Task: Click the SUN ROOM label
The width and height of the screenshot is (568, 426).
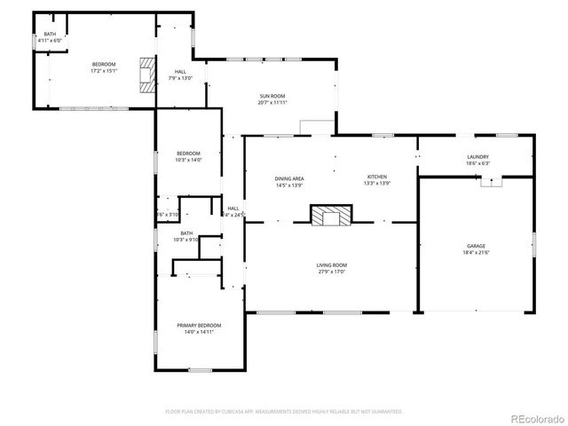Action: point(272,96)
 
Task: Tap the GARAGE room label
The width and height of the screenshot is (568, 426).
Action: point(477,246)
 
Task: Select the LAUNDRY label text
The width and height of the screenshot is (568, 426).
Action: point(478,157)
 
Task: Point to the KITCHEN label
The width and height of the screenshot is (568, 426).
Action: point(377,177)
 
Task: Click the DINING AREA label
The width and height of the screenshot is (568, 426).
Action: point(290,177)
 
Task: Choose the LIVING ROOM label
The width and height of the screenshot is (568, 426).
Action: point(332,265)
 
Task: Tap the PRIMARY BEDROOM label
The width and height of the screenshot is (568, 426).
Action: point(199,326)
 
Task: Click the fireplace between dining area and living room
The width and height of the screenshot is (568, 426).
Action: point(330,216)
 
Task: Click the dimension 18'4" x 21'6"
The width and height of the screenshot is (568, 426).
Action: point(477,253)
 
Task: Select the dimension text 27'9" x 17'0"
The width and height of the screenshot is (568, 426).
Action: point(332,272)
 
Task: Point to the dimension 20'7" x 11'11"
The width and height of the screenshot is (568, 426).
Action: point(272,103)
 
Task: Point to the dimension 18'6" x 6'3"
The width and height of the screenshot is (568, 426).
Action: point(478,164)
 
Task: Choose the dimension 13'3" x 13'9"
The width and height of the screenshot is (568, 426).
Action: point(377,185)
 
